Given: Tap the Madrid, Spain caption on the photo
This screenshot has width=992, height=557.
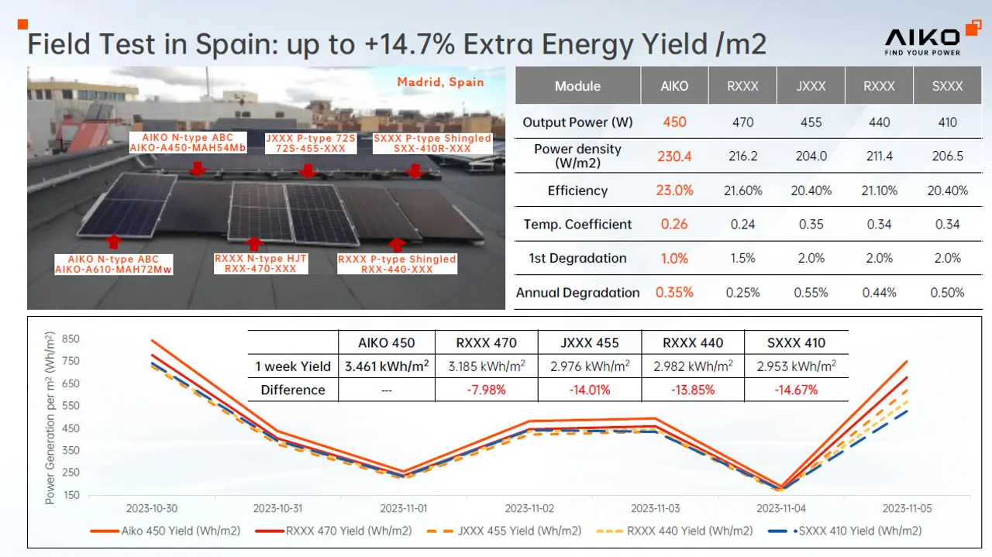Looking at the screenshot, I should [440, 82].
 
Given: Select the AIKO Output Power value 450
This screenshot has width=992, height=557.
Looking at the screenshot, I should [674, 122].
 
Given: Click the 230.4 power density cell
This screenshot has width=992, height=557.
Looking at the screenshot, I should [674, 156].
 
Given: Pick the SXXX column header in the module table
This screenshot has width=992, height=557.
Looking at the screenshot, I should [947, 86].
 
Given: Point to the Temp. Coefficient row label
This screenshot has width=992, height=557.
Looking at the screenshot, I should [577, 225].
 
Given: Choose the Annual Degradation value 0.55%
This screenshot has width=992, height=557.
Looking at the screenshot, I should [811, 293].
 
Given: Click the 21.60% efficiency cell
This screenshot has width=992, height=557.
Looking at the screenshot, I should [742, 191].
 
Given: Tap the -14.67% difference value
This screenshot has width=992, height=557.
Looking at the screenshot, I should [796, 390].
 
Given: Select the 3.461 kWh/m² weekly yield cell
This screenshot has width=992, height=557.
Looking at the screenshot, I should [387, 366].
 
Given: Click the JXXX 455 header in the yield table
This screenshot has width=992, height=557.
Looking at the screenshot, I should [589, 342].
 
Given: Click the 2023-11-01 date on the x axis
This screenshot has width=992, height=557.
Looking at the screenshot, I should [403, 509].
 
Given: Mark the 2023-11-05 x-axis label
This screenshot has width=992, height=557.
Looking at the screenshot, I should [906, 509].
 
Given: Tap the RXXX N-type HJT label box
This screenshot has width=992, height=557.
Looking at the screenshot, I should [260, 263].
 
